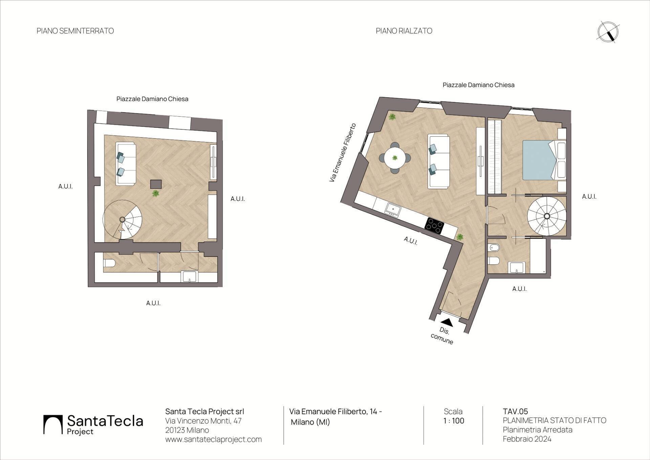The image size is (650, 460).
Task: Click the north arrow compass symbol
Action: (x=608, y=32)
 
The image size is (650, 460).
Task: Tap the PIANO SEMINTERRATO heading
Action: (x=75, y=31)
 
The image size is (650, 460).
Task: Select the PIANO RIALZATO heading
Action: (x=404, y=31)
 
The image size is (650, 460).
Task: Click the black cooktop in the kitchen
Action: (x=434, y=225)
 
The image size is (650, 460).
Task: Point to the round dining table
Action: (x=395, y=158)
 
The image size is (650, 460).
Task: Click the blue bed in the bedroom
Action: (x=540, y=160)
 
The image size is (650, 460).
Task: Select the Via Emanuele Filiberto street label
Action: (x=343, y=153)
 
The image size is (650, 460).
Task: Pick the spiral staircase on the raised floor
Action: (x=547, y=216)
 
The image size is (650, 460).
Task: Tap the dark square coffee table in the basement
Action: (x=156, y=184)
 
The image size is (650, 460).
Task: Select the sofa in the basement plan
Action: (x=126, y=163)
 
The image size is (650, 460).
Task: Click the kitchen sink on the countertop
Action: (x=393, y=209)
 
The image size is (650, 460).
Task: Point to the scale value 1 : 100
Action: (x=454, y=421)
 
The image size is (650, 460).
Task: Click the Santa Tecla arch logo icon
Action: (x=53, y=424)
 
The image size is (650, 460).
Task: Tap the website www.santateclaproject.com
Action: (x=213, y=439)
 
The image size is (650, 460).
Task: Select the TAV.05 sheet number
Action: (x=515, y=412)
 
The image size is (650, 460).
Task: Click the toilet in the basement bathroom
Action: (x=109, y=263)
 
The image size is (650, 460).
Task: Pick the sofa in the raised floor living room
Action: (x=439, y=161)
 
